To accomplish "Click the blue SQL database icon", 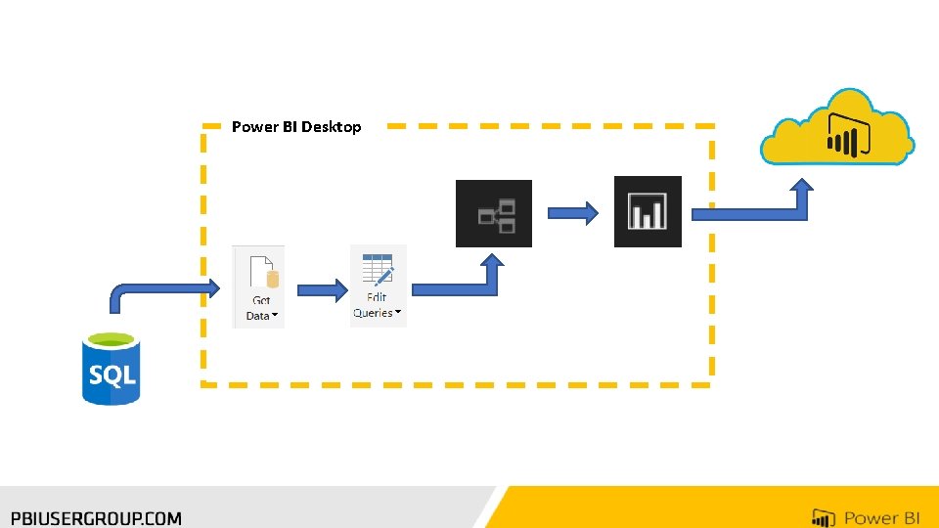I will pos(111,369).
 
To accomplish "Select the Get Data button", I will pos(259,286).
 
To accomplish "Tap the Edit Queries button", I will pos(378,286).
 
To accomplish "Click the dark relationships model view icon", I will pos(494,213).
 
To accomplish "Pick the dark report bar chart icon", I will pos(648,211).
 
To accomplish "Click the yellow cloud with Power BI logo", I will pos(838,127).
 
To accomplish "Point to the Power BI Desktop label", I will pos(296,127).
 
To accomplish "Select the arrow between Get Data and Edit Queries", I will pos(322,290).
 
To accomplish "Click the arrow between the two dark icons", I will pos(572,212).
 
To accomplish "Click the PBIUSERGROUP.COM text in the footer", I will pos(97,518).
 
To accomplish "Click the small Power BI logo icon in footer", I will pos(824,518).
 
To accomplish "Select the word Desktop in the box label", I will pos(332,127).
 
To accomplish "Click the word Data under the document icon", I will pos(258,316).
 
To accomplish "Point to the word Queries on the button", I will pos(373,313).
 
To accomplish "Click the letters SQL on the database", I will pos(112,374).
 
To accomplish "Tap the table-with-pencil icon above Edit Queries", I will pos(378,270).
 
